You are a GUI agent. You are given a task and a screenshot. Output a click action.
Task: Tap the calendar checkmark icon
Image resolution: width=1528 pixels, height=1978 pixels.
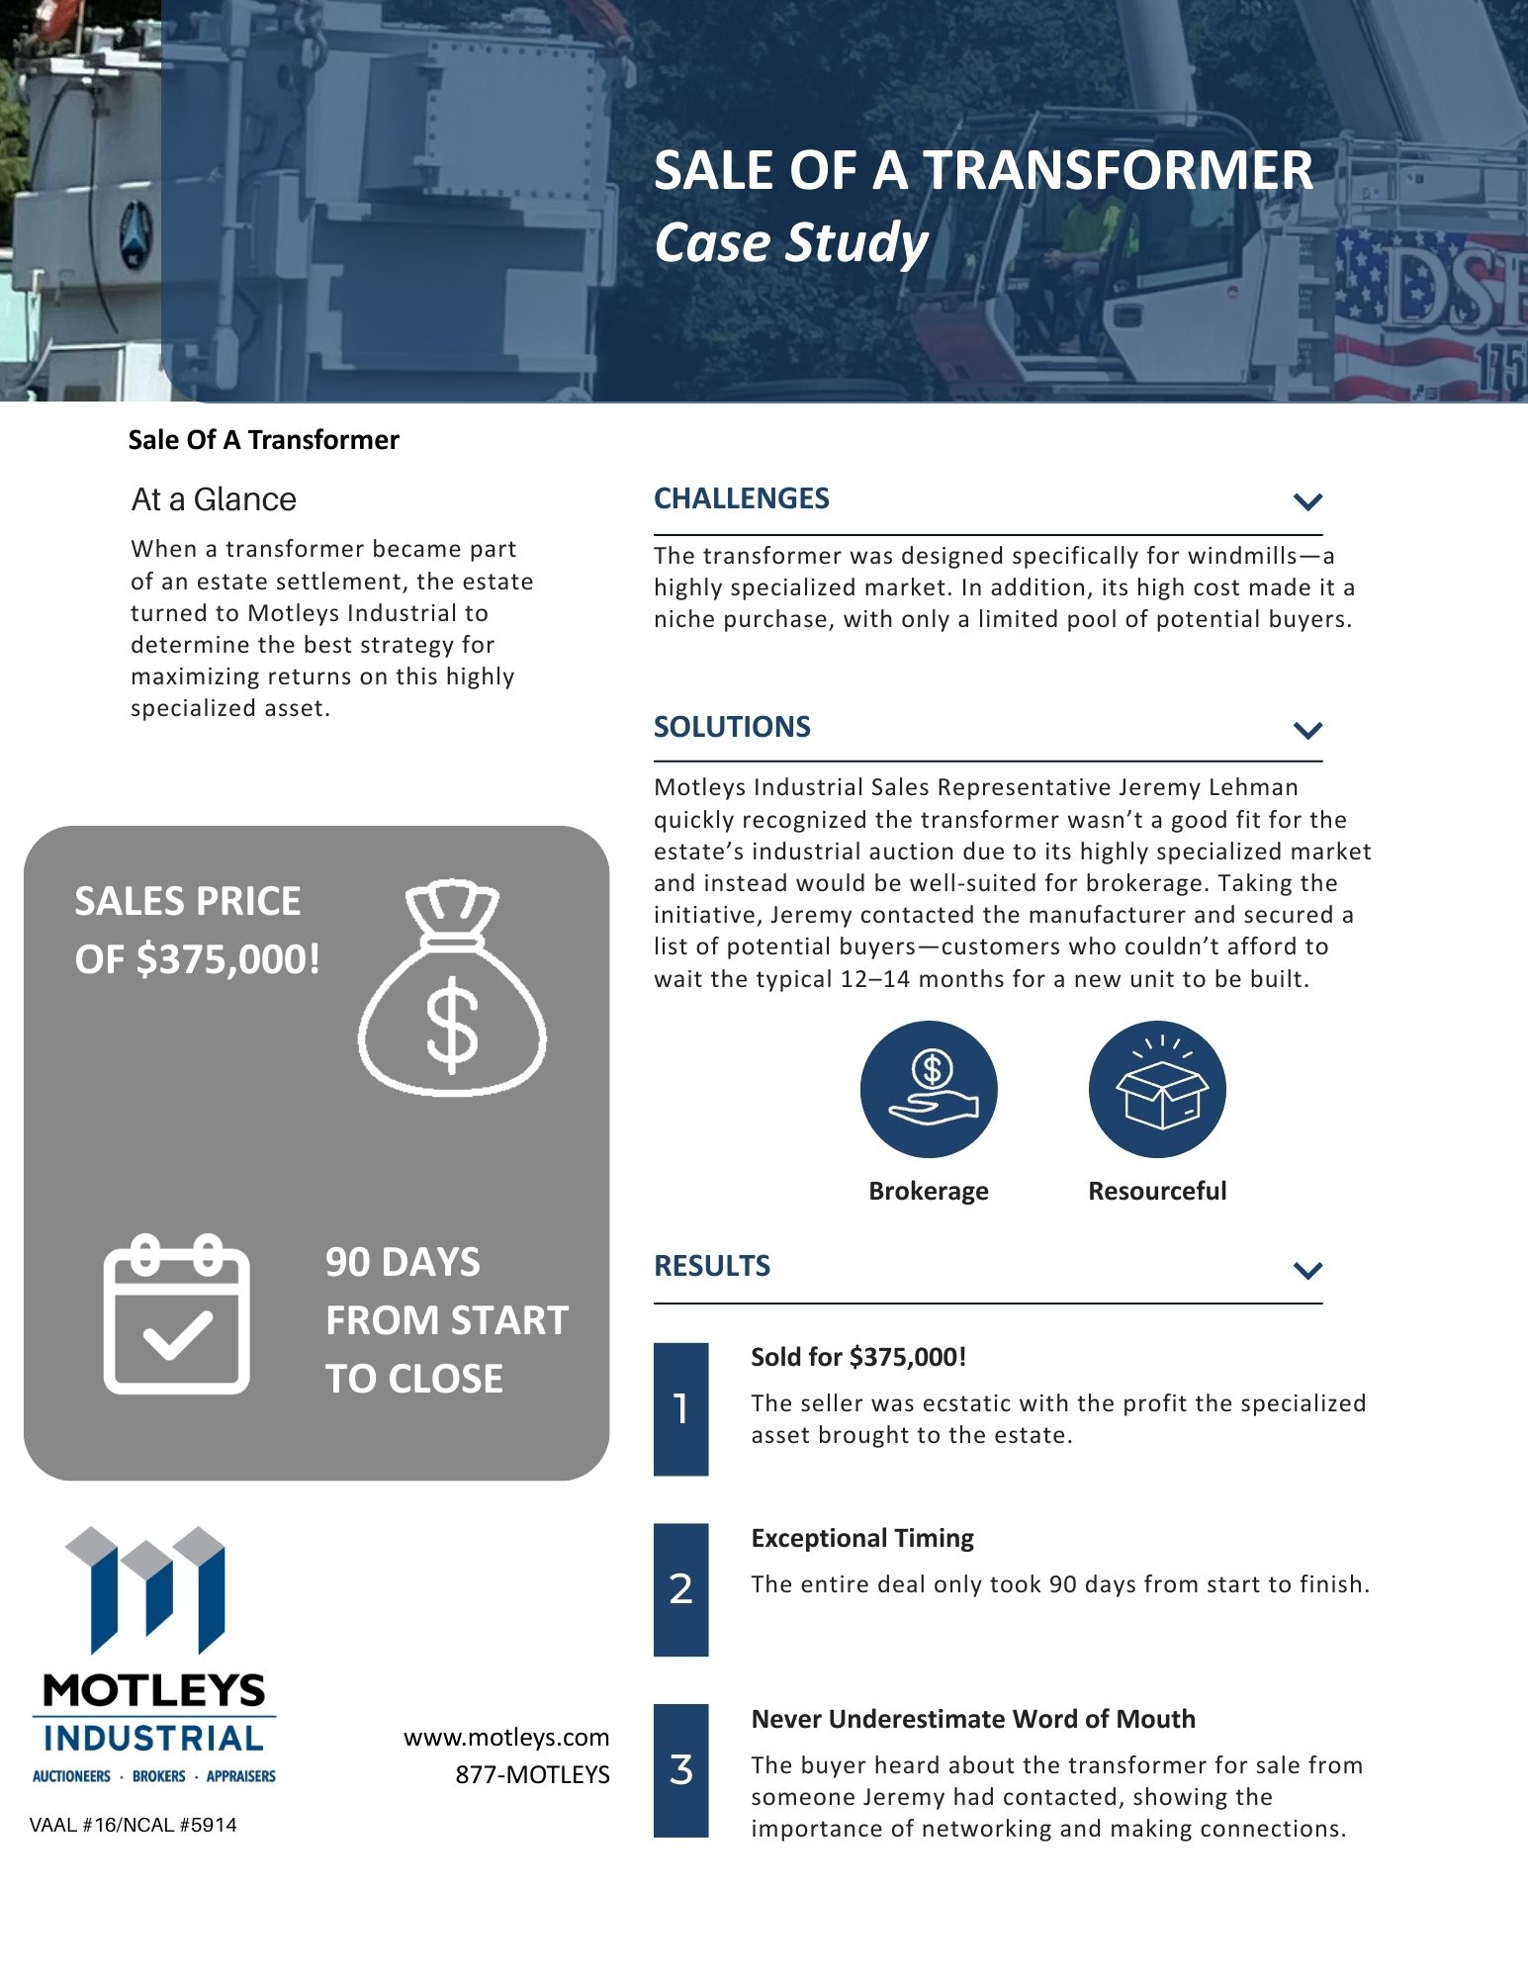tap(177, 1313)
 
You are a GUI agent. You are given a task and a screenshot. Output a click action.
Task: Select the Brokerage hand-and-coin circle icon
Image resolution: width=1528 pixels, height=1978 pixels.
tap(929, 1089)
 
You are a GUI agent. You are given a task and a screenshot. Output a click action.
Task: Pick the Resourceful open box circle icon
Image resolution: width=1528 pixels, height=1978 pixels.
tap(1157, 1089)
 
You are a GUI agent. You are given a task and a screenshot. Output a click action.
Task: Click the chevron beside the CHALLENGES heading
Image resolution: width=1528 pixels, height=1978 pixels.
tap(1307, 501)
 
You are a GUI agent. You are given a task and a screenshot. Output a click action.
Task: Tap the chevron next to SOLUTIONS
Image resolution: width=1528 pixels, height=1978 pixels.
tap(1307, 730)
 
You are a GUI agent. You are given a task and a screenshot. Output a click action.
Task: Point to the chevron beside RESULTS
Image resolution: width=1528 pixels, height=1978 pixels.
tap(1307, 1270)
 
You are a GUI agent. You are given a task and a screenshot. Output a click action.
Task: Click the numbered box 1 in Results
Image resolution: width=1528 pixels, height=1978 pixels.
tap(680, 1408)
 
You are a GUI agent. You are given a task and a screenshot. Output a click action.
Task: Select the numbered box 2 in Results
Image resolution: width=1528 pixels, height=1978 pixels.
tap(680, 1589)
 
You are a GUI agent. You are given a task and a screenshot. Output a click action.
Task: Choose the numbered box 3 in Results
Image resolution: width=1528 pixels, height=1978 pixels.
tap(680, 1769)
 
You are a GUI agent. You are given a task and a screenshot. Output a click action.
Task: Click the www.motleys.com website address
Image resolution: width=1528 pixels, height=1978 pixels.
tap(506, 1738)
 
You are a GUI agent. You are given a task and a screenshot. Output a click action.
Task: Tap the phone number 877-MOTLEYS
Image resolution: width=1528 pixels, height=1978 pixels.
tap(532, 1774)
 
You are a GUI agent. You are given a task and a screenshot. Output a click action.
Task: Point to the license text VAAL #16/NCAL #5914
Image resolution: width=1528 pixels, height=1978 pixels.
tap(134, 1825)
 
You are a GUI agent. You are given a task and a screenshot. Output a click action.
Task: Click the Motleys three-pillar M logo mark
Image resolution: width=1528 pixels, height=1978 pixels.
tap(146, 1588)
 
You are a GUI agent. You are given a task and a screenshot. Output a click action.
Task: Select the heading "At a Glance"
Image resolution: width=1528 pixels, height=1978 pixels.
tap(214, 499)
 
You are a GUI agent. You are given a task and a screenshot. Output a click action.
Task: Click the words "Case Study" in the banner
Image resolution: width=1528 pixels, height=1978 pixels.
tap(791, 242)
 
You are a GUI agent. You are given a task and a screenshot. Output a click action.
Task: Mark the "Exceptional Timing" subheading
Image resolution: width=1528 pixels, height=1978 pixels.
tap(862, 1538)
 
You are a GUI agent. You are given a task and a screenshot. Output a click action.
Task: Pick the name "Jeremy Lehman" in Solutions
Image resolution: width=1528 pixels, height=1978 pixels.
tap(1209, 787)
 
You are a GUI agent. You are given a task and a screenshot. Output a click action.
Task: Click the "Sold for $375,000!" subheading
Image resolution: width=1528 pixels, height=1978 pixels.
tap(858, 1357)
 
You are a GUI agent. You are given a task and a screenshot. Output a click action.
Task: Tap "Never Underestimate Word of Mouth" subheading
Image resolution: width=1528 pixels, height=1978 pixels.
tap(973, 1719)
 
